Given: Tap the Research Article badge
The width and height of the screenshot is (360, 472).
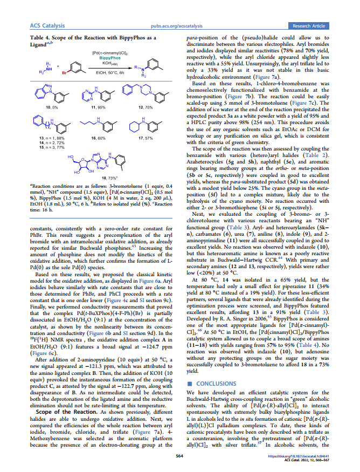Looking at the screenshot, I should coord(309,25).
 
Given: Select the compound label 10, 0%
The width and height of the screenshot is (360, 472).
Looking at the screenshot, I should coord(52,108).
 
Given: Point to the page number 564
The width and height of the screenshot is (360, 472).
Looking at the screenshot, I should coord(180,456).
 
